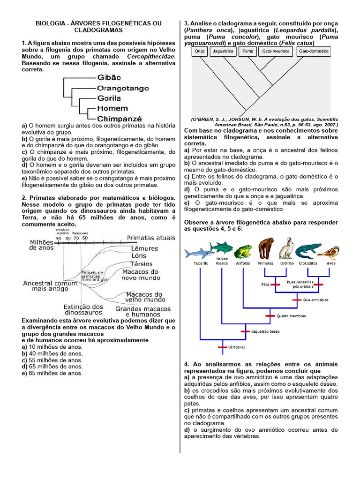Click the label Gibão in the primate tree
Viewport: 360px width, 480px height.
(x=109, y=77)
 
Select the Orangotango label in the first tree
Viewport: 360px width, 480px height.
(x=123, y=88)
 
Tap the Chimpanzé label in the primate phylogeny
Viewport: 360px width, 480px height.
(x=120, y=119)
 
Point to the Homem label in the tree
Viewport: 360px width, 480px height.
(x=112, y=109)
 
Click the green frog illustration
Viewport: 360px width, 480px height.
(x=243, y=252)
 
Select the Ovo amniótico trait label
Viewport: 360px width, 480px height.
(x=315, y=300)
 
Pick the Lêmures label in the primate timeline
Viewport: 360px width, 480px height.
(x=145, y=248)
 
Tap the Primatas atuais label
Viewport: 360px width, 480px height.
(x=151, y=238)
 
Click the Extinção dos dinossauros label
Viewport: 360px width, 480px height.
(x=84, y=310)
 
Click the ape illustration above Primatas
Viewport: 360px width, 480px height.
(x=266, y=248)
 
